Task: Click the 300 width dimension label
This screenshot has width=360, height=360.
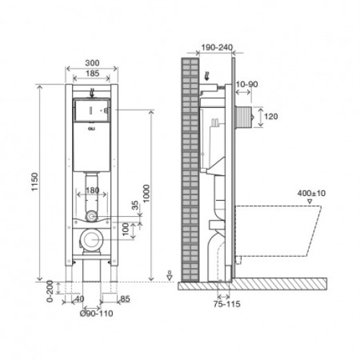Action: [x=92, y=63]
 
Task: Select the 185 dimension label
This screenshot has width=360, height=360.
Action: [x=93, y=73]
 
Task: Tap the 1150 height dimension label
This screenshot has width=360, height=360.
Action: [x=35, y=182]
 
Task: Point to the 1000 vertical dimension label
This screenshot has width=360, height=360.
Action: [x=146, y=193]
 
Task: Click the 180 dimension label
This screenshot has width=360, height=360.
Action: [x=92, y=190]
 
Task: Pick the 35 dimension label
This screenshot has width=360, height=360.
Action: [x=135, y=205]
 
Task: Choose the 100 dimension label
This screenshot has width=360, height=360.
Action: [x=125, y=229]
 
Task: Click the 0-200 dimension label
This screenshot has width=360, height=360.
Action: [x=50, y=291]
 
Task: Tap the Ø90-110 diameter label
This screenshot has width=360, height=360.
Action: [x=96, y=314]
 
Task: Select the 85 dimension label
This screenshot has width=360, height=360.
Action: [x=125, y=299]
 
